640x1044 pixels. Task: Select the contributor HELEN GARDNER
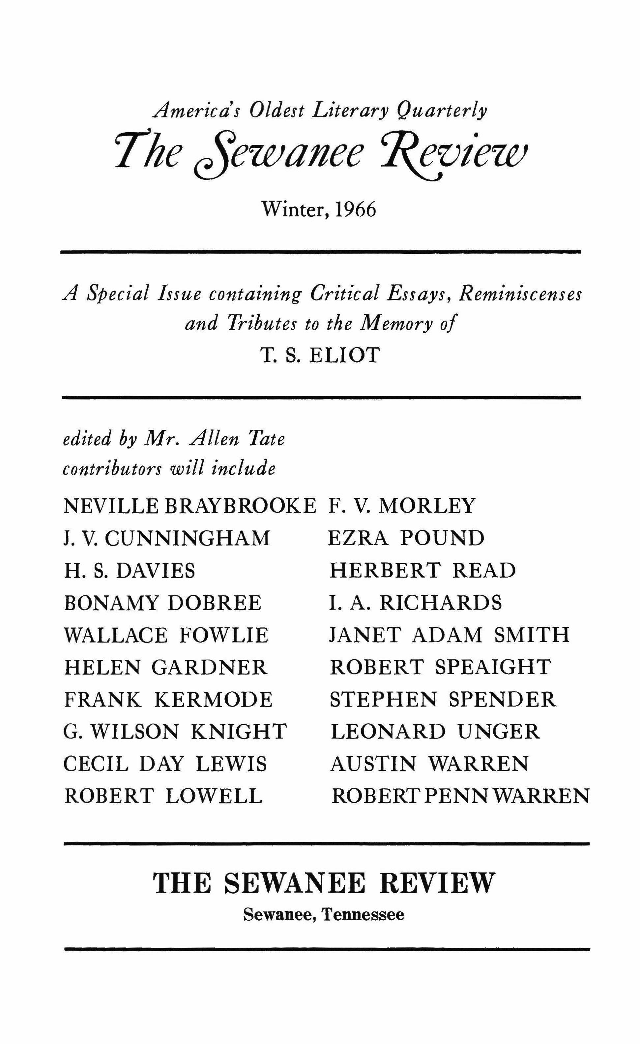coord(166,667)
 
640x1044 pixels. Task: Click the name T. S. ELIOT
coord(320,355)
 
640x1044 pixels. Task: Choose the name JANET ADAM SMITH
coord(450,635)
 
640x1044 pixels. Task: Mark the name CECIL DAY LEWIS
coord(165,764)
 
